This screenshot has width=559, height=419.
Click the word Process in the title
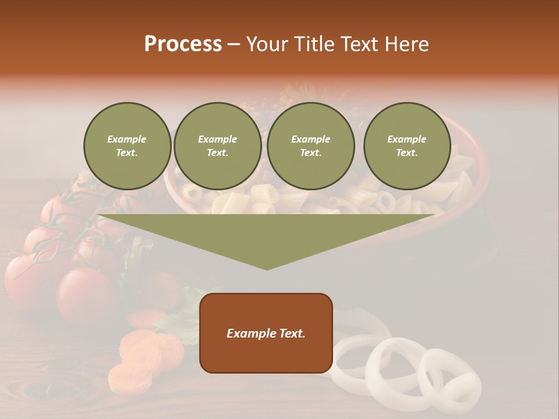[x=183, y=44]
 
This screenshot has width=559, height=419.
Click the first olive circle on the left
[x=128, y=146]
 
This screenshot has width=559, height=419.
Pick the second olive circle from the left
[x=218, y=146]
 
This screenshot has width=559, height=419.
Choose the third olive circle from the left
[x=311, y=146]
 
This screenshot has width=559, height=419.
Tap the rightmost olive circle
[x=407, y=146]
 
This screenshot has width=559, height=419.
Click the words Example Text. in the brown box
[x=266, y=333]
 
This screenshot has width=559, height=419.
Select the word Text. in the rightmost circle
[x=407, y=153]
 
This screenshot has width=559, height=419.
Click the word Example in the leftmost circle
[x=127, y=139]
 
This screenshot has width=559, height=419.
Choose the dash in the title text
[x=233, y=44]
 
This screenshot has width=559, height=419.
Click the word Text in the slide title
[x=359, y=44]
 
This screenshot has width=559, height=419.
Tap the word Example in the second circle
[x=218, y=139]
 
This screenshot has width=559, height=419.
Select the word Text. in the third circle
[x=311, y=153]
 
